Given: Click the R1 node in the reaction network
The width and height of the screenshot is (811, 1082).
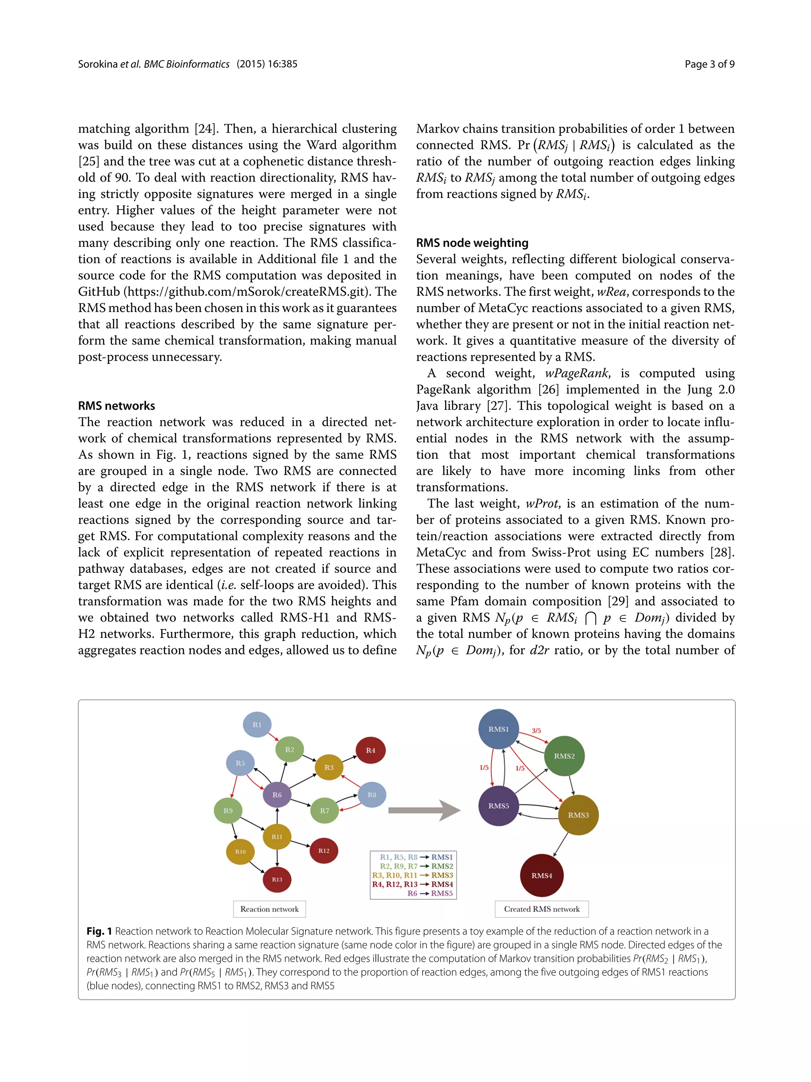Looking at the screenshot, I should (257, 725).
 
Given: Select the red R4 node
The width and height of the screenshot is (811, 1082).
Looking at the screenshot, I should (370, 750).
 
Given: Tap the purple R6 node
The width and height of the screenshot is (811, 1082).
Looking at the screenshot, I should (277, 795).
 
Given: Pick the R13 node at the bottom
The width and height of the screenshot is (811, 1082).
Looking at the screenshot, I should (277, 879).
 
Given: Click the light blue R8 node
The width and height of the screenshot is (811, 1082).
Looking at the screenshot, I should (372, 795).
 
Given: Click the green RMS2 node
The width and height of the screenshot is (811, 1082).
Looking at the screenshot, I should (564, 756).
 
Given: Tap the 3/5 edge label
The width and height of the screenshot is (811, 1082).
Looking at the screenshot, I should (536, 731).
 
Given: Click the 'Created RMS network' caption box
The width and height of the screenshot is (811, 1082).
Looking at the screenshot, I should (541, 909).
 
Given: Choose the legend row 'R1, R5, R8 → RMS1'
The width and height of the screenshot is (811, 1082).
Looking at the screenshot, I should (416, 857).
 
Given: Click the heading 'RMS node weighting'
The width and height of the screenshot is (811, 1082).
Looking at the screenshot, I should (472, 243).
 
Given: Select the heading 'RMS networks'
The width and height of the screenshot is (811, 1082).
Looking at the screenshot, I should (116, 405).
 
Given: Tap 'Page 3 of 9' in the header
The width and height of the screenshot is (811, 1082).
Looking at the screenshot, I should (709, 64).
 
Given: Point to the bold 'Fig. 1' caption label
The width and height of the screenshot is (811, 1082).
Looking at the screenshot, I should (99, 931).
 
